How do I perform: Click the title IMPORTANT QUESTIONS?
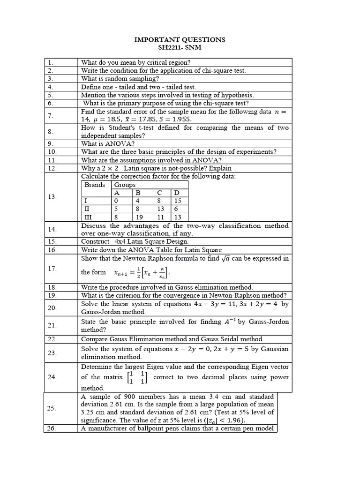tap(180, 40)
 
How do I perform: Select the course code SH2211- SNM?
tap(180, 48)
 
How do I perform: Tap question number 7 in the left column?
tap(50, 115)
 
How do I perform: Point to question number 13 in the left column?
tap(52, 197)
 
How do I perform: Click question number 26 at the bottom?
tap(52, 428)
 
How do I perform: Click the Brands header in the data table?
tap(95, 185)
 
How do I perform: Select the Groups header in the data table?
tap(125, 185)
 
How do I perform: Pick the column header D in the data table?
tap(176, 193)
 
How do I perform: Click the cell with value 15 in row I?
tap(177, 201)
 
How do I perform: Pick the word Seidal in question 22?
tap(232, 339)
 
